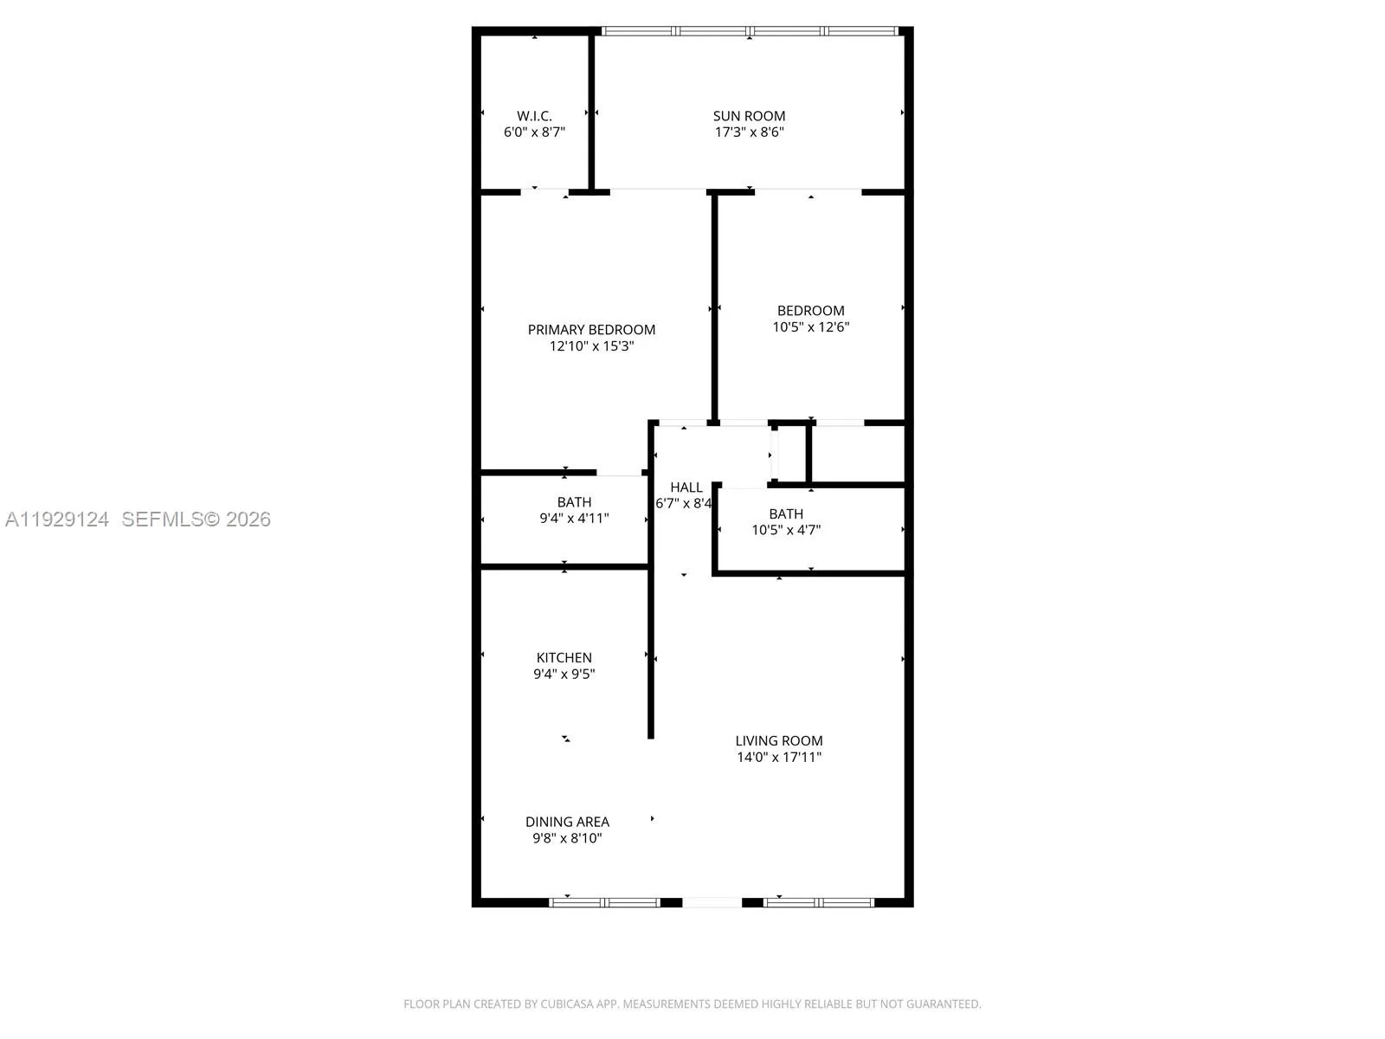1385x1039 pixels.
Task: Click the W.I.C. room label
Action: [x=534, y=116]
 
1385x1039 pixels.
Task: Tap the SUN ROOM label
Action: [x=749, y=116]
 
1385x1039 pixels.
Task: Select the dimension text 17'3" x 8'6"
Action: [x=749, y=132]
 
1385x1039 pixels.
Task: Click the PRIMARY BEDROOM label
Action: [x=591, y=330]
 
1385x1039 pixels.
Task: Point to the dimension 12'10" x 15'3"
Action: [x=591, y=346]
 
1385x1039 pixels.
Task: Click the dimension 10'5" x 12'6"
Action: [x=810, y=327]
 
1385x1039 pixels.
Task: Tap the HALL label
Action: [x=686, y=487]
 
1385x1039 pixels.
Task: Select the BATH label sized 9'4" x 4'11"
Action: [x=574, y=502]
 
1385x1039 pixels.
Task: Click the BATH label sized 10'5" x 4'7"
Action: [x=785, y=514]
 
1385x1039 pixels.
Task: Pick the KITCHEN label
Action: [x=564, y=658]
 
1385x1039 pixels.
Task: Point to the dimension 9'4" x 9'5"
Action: [x=564, y=674]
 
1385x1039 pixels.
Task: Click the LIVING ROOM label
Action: [x=778, y=741]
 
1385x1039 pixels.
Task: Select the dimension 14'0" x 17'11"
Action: [x=778, y=758]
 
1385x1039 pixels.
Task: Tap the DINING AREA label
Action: [x=567, y=822]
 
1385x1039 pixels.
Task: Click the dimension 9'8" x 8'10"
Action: [x=567, y=838]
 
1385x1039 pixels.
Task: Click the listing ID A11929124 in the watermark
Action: [x=57, y=519]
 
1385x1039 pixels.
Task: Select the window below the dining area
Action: [x=605, y=902]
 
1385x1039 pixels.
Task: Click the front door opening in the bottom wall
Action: [x=712, y=902]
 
